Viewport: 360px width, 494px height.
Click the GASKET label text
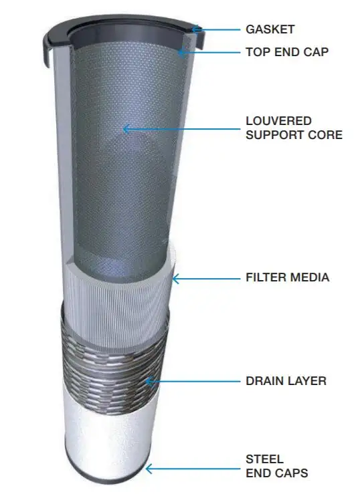[x=270, y=29]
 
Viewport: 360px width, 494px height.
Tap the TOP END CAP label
[x=287, y=52]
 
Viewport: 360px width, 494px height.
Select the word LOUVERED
[x=278, y=121]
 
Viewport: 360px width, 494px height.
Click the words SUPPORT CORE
[x=294, y=135]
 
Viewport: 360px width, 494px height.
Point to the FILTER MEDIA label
[x=288, y=277]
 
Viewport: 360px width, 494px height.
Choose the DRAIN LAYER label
[x=286, y=381]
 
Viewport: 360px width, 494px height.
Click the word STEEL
[x=264, y=459]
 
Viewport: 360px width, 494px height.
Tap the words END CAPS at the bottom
[x=277, y=473]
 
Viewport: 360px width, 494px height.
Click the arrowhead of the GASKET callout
[x=194, y=29]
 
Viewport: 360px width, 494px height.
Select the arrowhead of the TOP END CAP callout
[x=180, y=52]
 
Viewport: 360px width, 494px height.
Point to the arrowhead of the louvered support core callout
[x=125, y=129]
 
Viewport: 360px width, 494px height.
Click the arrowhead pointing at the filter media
[x=175, y=279]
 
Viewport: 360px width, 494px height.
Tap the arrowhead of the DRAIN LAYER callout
[x=148, y=382]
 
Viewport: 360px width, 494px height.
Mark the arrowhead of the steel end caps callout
[x=148, y=469]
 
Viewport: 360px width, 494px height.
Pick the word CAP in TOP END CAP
[x=316, y=52]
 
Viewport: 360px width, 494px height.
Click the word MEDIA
[x=310, y=277]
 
